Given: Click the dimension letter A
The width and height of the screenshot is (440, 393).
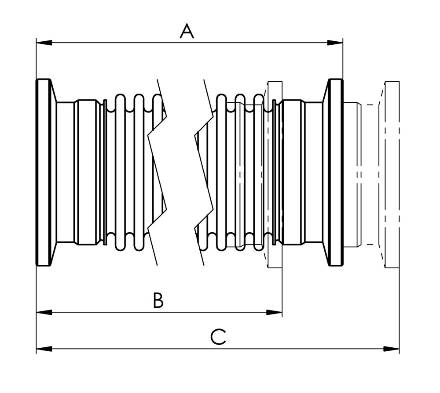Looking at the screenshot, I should (x=187, y=32).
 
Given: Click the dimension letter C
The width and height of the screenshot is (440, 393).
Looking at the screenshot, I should (x=218, y=337).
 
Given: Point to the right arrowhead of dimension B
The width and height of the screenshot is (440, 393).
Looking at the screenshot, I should (x=274, y=313).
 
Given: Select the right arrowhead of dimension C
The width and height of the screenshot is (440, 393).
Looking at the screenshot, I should (x=392, y=349).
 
